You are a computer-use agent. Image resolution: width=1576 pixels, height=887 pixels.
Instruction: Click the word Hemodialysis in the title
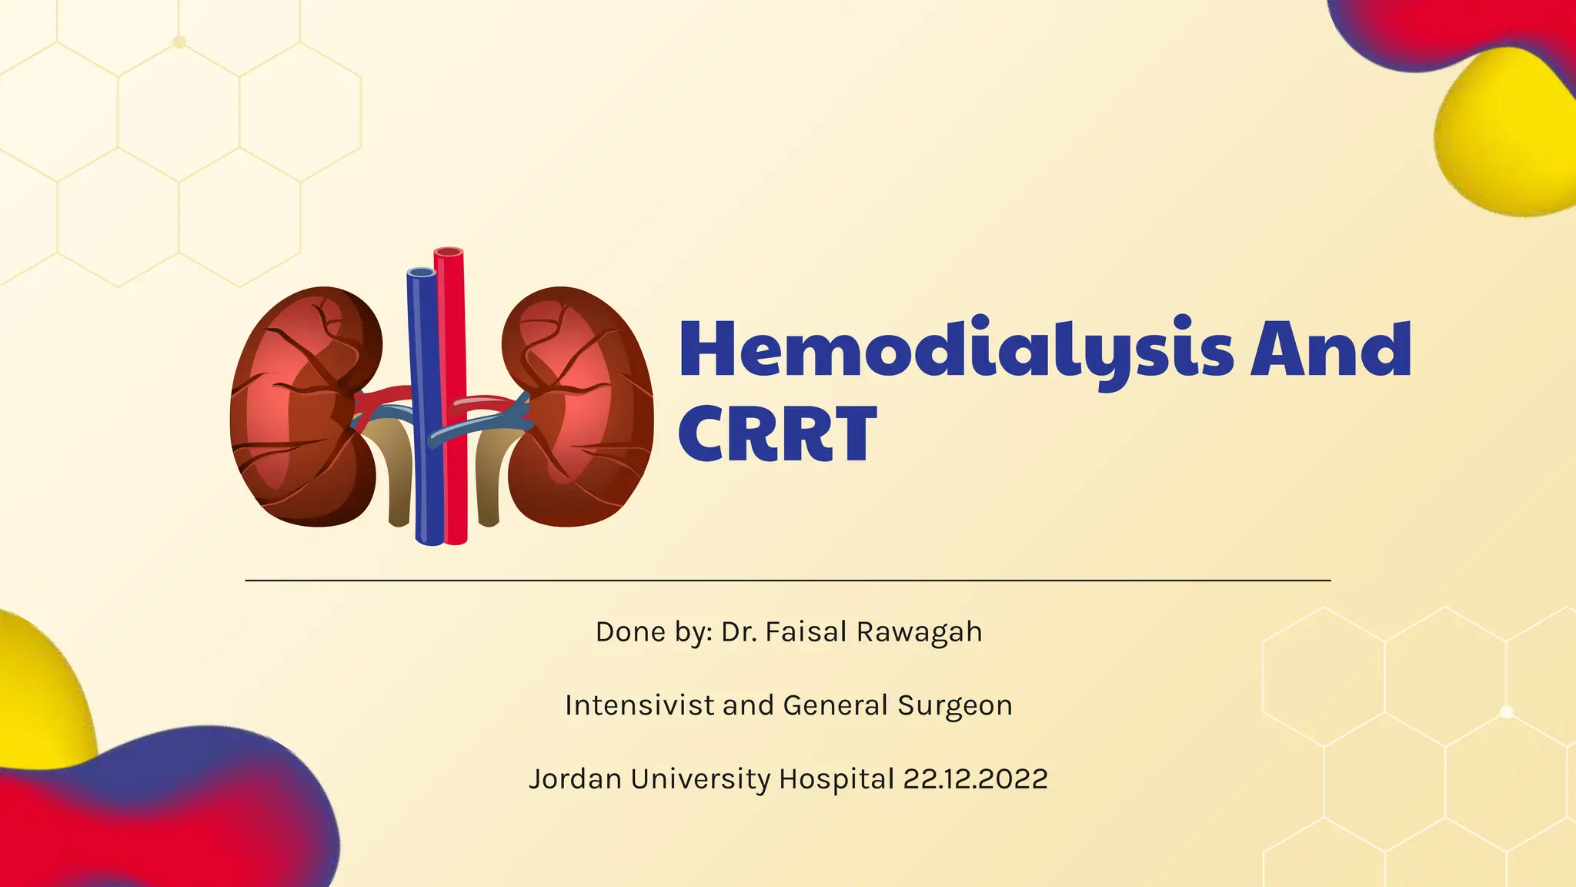coord(954,350)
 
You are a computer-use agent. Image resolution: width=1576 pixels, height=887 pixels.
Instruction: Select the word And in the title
coord(1331,350)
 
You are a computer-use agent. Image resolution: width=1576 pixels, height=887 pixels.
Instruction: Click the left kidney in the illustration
coord(304,408)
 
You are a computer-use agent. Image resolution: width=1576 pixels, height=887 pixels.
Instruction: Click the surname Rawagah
coord(919,632)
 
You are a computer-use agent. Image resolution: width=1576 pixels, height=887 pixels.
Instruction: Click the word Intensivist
coord(639,705)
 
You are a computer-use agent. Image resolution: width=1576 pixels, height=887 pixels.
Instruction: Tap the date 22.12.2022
coord(975,779)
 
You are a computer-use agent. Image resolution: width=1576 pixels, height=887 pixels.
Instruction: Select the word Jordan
coord(575,779)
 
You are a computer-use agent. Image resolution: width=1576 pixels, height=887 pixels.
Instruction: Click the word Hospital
coord(836,779)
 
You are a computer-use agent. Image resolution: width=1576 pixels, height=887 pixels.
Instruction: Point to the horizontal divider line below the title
coord(788,580)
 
